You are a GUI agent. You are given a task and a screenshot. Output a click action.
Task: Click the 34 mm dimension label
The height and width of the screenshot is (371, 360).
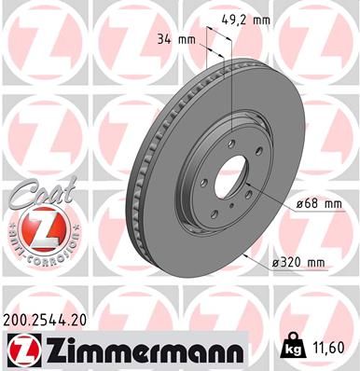click(x=175, y=40)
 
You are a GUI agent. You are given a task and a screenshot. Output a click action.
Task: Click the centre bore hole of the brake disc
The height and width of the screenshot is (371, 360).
click(x=233, y=175)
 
